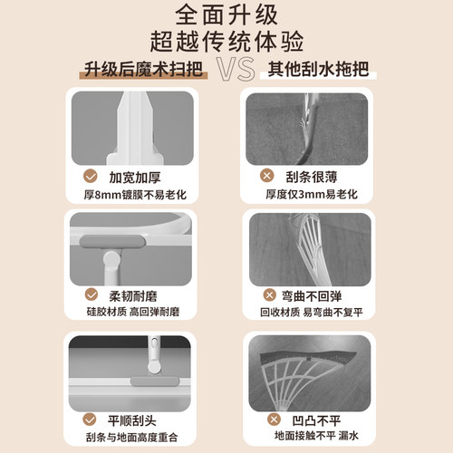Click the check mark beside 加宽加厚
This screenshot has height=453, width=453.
(91, 176)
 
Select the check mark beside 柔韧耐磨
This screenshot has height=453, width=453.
(91, 295)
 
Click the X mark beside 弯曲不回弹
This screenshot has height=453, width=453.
(268, 295)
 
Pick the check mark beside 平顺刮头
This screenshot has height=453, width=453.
(91, 419)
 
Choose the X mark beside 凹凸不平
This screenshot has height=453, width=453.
(268, 419)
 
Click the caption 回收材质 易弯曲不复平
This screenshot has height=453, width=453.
(309, 313)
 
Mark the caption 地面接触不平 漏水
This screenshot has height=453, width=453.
(309, 437)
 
